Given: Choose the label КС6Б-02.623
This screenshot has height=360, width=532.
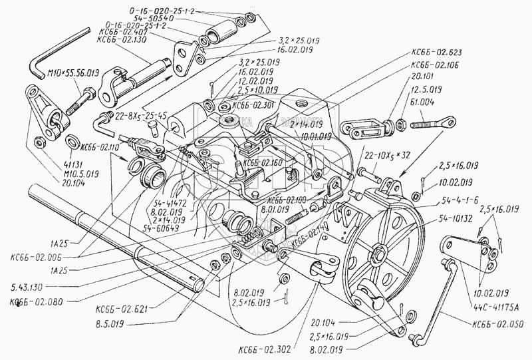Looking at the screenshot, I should [440, 51].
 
